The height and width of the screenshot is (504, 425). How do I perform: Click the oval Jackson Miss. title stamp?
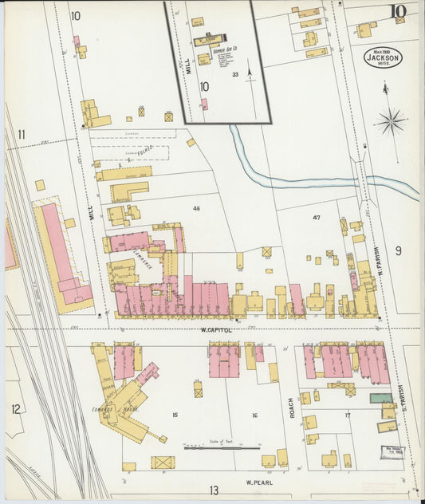[384, 57]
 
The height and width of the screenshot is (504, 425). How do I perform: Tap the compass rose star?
[391, 122]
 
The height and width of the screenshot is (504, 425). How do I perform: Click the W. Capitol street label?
[215, 329]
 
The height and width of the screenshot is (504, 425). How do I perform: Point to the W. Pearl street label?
[260, 482]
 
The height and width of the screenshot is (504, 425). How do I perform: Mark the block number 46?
[196, 208]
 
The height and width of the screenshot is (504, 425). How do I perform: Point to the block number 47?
[317, 217]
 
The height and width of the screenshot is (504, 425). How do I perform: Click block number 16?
[254, 415]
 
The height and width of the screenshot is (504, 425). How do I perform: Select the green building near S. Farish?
[380, 397]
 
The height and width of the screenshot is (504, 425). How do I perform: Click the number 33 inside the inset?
[235, 75]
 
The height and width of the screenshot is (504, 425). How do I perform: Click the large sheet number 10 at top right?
[397, 11]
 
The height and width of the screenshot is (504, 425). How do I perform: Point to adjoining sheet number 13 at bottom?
[213, 490]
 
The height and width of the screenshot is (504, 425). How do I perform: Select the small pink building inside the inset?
[204, 104]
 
